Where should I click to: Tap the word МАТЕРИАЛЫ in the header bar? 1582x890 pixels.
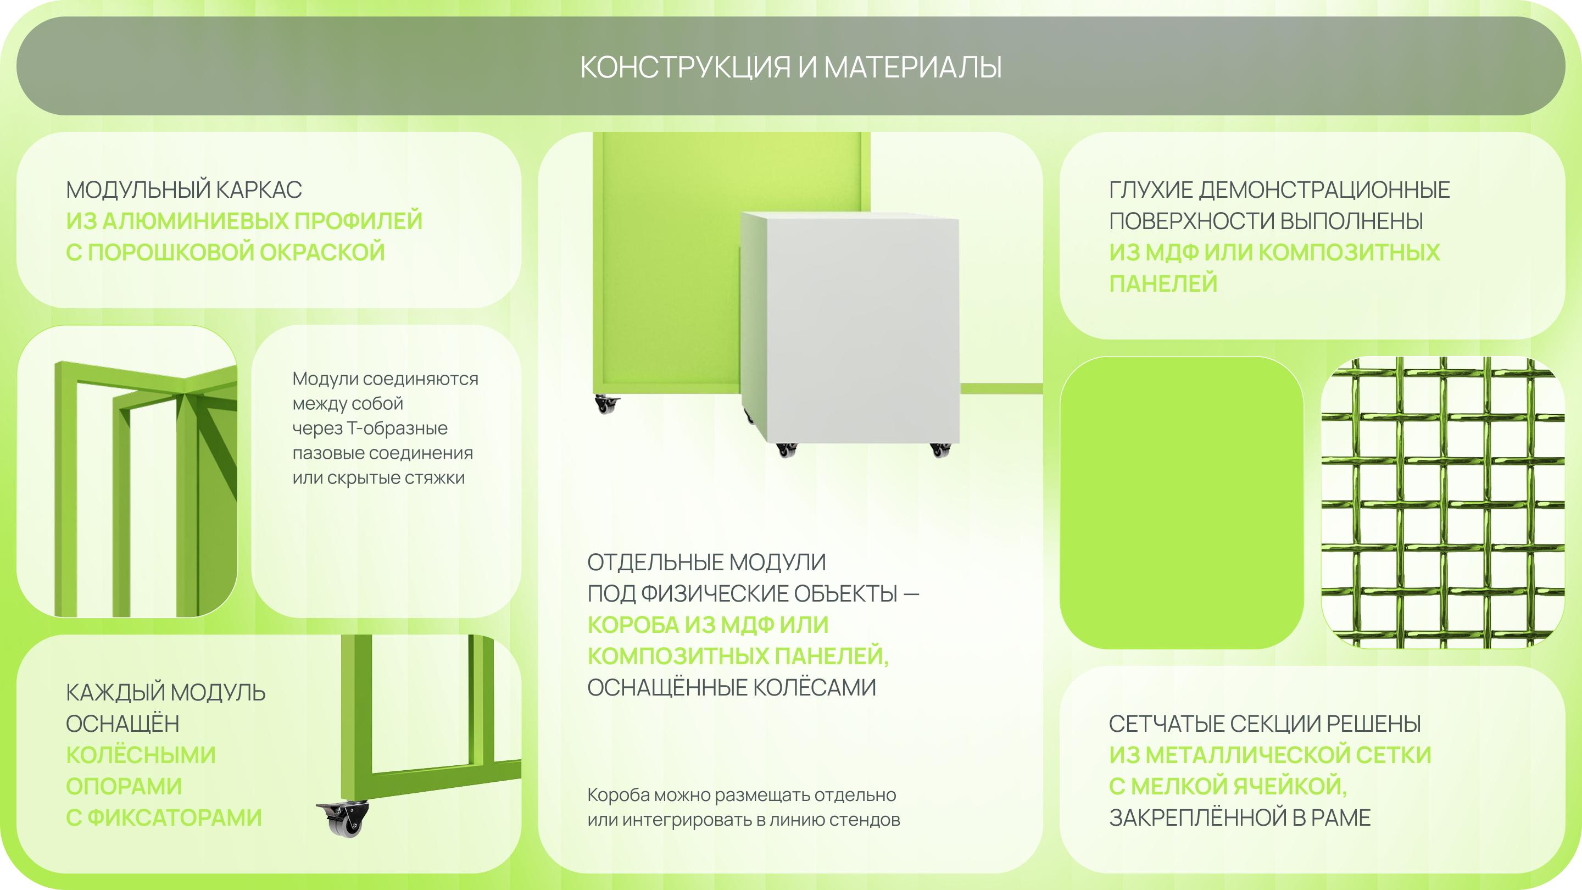[912, 68]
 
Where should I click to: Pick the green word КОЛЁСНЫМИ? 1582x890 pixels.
[141, 755]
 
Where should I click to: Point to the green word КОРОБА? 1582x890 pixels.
[632, 625]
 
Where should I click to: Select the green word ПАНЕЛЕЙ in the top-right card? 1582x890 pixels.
[1162, 284]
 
